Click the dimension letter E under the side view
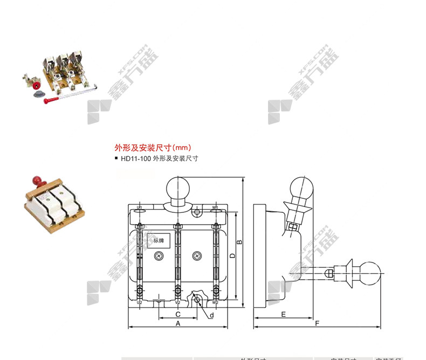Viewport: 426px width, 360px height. click(283, 313)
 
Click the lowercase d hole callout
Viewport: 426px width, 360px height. click(211, 315)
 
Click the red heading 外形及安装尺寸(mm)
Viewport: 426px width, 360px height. click(153, 147)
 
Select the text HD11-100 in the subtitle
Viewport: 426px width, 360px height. click(136, 159)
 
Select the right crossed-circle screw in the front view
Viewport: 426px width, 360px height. click(197, 255)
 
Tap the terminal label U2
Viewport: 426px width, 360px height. click(139, 302)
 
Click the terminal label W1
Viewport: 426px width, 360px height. click(215, 207)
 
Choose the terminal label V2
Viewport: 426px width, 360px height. click(177, 302)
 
